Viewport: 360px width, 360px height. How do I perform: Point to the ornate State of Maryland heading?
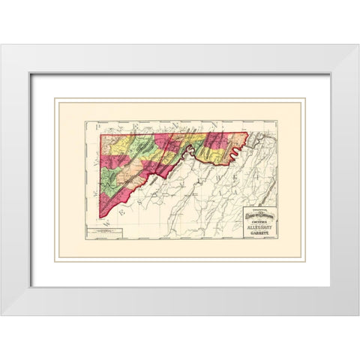tap(259, 217)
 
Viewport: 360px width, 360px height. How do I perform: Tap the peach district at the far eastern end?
tap(238, 142)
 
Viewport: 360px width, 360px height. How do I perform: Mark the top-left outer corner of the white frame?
tap(1, 45)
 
